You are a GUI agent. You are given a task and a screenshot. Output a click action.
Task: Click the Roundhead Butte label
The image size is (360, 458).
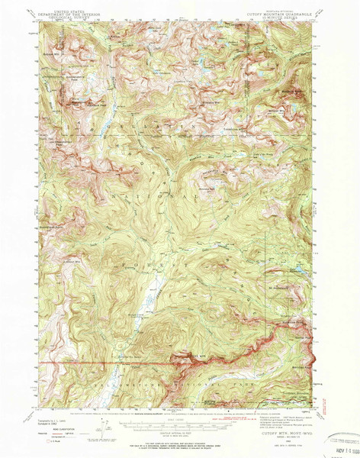click(x=50, y=227)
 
